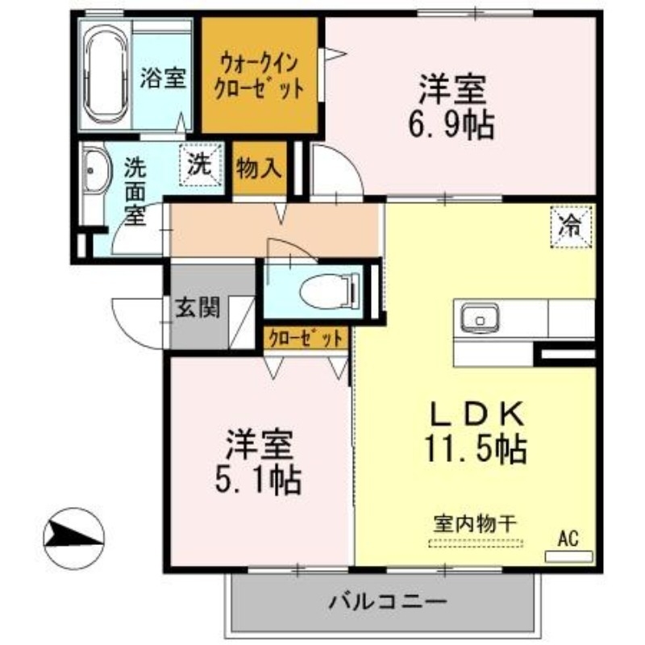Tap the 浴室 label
click(x=164, y=78)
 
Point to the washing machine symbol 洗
click(x=200, y=164)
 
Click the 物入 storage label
click(x=259, y=170)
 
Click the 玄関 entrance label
click(x=198, y=308)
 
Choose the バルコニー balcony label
click(x=388, y=600)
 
